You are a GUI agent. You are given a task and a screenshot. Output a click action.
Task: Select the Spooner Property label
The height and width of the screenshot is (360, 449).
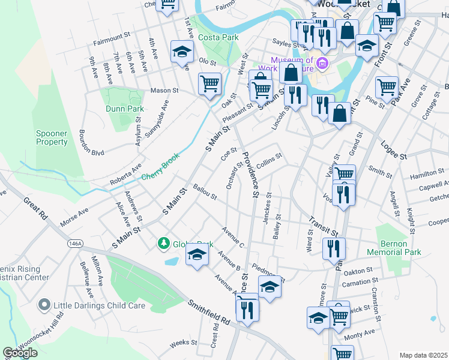(52, 137)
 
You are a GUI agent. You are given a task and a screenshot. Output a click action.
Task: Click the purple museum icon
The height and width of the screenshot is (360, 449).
(323, 63)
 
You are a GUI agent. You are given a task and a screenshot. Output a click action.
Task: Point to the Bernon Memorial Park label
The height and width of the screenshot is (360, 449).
(401, 248)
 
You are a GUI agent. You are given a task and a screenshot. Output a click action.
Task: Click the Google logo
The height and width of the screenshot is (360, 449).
(20, 353)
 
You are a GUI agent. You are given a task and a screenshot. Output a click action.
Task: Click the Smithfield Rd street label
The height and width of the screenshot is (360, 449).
(208, 312)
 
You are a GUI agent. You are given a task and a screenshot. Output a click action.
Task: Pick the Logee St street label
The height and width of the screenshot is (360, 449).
(393, 151)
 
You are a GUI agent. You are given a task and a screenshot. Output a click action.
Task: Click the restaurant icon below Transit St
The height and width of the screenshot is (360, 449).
(334, 248)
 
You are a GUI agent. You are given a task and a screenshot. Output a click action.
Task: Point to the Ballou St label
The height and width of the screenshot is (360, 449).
(205, 193)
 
